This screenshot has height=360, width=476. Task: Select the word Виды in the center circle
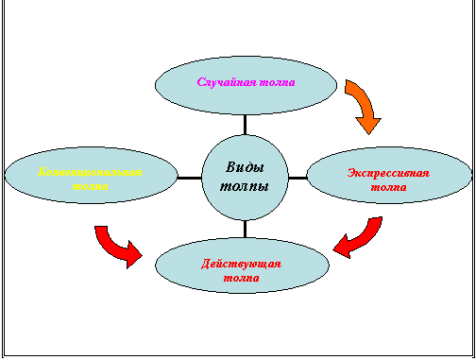point(245,167)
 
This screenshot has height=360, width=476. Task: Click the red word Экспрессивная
point(388,173)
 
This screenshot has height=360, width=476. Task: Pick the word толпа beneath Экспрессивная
point(388,187)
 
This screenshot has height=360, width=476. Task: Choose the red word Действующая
point(241,264)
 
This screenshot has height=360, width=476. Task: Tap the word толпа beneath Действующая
point(241,278)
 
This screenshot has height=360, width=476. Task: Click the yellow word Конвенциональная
point(91,172)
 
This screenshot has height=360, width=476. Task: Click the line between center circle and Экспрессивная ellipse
point(297,177)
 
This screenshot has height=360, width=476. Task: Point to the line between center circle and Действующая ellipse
point(246,230)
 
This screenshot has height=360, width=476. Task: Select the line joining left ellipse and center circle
point(191,177)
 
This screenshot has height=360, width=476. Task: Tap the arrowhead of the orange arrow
point(367,122)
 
